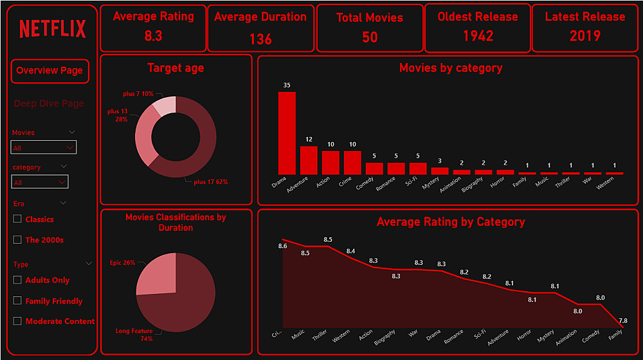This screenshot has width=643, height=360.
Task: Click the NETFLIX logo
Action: coord(53,29)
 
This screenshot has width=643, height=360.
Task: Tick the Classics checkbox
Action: coord(17,219)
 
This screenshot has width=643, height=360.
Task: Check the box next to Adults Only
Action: coord(17,280)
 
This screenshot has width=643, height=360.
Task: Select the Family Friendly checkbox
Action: coord(17,301)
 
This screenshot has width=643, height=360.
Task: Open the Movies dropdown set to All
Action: coord(44,147)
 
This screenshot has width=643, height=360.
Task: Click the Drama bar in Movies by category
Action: coord(287,133)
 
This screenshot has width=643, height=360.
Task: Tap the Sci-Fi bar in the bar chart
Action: coord(418,168)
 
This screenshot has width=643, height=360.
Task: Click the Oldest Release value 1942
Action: coord(478,36)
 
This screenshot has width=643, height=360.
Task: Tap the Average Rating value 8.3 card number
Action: coord(153,37)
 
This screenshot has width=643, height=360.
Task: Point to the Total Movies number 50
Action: coord(370,37)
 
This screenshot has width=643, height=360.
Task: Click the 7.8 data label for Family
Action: coord(623,321)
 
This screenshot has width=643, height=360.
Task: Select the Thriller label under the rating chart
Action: coord(320,336)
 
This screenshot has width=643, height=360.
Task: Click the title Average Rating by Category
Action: coord(451,222)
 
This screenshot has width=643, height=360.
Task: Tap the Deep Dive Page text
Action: coord(49,104)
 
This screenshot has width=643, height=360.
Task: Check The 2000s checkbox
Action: coord(17,240)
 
